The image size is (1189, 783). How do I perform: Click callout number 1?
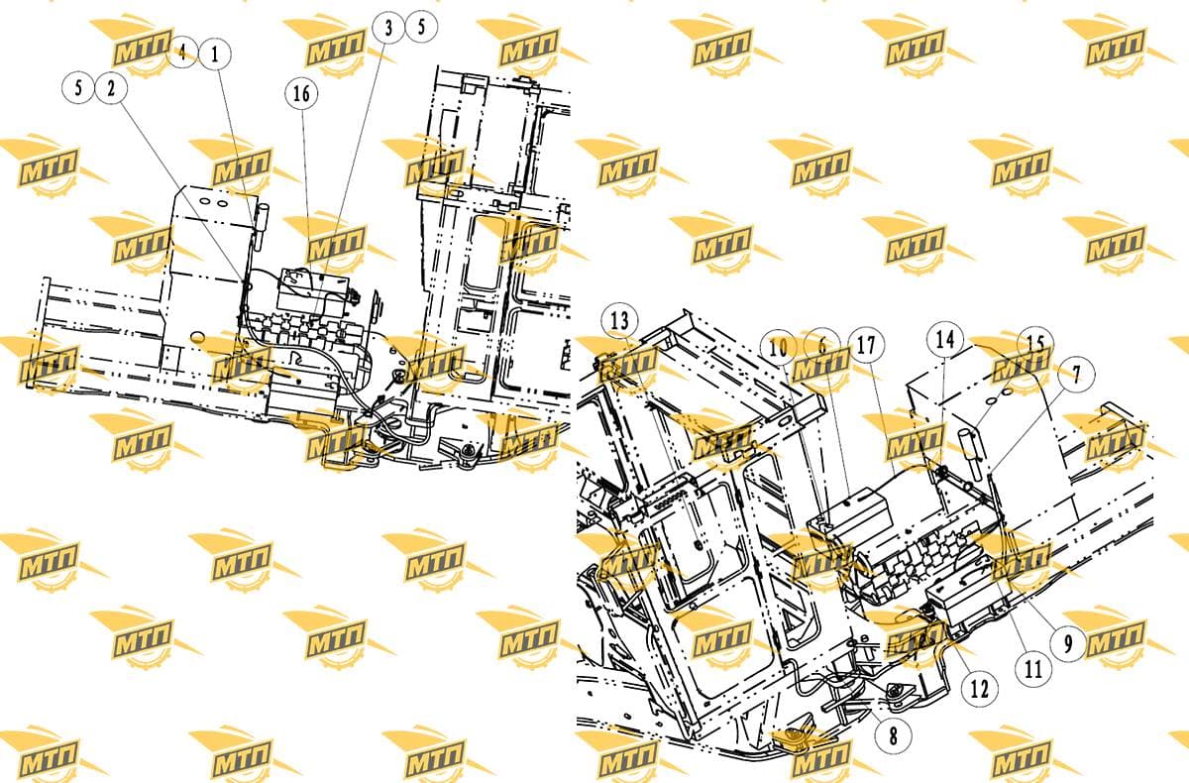pyautogui.click(x=215, y=55)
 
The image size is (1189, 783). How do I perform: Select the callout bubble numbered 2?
pyautogui.click(x=111, y=88)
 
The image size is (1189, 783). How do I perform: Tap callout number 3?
pyautogui.click(x=388, y=27)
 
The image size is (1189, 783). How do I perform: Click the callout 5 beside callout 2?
pyautogui.click(x=78, y=87)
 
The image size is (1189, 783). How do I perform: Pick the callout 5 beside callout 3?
pyautogui.click(x=421, y=26)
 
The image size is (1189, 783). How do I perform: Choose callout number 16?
pyautogui.click(x=301, y=93)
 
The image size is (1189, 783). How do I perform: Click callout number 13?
pyautogui.click(x=619, y=320)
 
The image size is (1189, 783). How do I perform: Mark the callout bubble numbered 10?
pyautogui.click(x=778, y=348)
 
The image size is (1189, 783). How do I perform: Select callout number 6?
pyautogui.click(x=822, y=346)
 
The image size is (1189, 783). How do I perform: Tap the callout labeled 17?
pyautogui.click(x=866, y=345)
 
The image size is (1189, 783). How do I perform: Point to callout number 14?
pyautogui.click(x=945, y=340)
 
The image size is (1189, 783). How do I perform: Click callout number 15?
pyautogui.click(x=1035, y=344)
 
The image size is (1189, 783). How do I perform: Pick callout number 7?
pyautogui.click(x=1076, y=375)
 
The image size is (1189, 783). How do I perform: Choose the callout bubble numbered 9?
pyautogui.click(x=1068, y=643)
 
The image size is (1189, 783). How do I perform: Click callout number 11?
pyautogui.click(x=1032, y=669)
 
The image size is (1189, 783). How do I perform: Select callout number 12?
pyautogui.click(x=980, y=689)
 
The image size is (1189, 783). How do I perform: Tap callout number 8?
pyautogui.click(x=894, y=735)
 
